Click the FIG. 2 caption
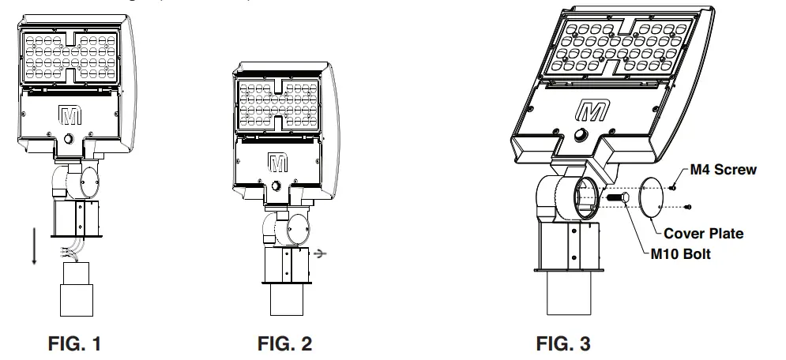coord(284,344)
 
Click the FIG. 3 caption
coord(563,344)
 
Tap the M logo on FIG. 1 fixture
coord(70,114)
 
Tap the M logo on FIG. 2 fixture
coord(277,163)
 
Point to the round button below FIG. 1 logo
coord(70,139)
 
